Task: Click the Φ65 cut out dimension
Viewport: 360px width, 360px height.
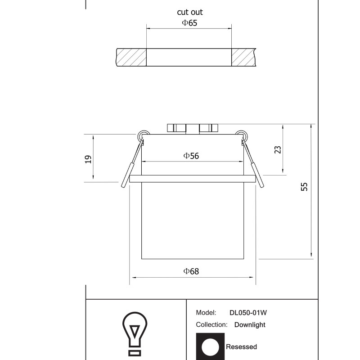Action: (x=189, y=23)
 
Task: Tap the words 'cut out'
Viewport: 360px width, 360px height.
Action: (x=190, y=12)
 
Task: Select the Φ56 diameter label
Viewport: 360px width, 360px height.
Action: (x=191, y=156)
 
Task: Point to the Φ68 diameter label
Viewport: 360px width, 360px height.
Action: (x=191, y=271)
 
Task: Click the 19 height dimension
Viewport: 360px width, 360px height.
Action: (x=88, y=159)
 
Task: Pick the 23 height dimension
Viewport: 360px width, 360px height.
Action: (x=278, y=150)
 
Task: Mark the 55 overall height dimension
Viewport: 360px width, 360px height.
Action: (x=304, y=187)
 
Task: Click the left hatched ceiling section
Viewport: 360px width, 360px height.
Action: (x=131, y=58)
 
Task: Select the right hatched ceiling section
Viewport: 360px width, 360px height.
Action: (x=243, y=58)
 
